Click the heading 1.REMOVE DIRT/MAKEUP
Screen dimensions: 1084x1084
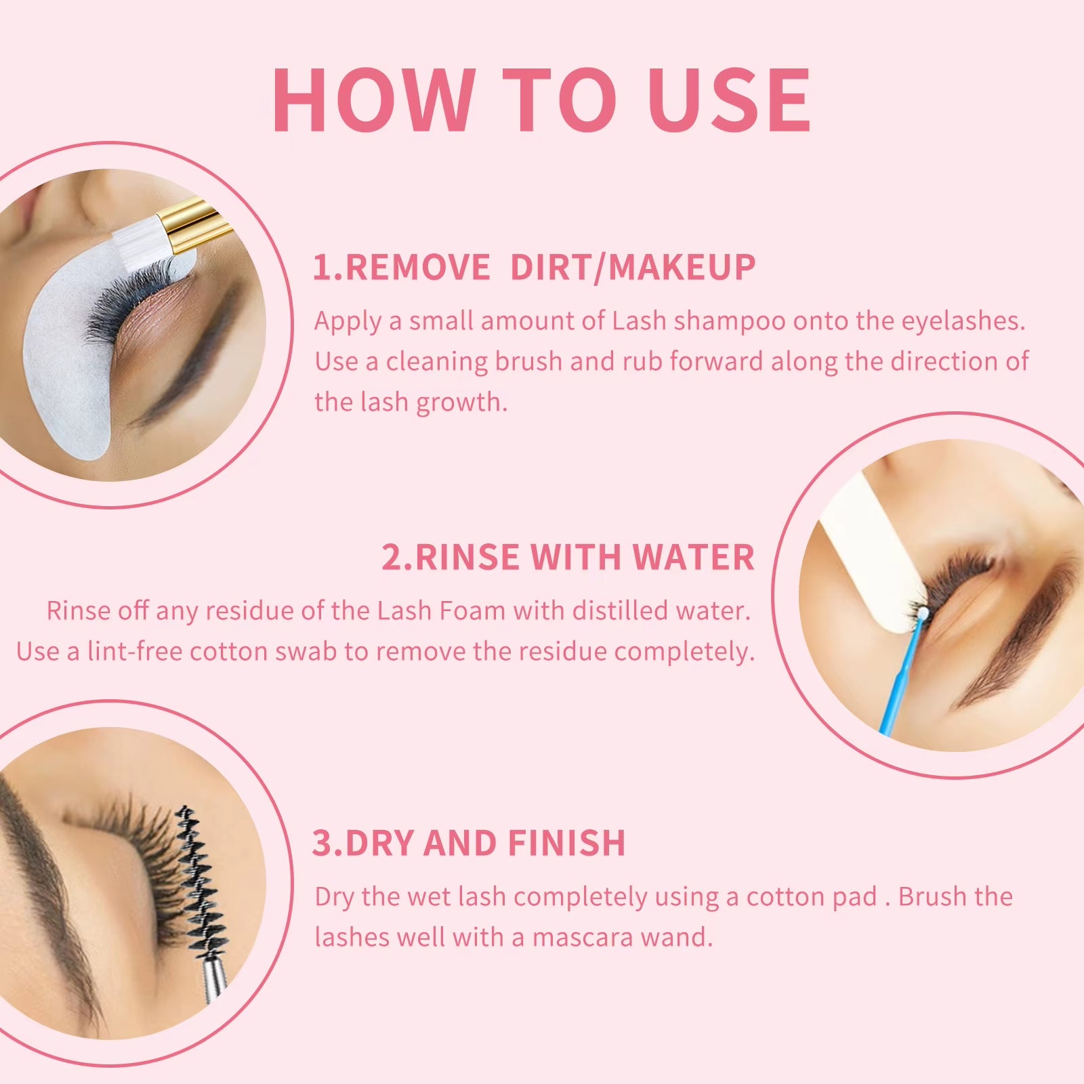click(x=534, y=267)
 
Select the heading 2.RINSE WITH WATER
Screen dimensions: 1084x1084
click(x=568, y=558)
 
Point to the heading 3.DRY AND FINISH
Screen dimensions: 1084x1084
click(x=468, y=843)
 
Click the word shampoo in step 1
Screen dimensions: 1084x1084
click(x=729, y=321)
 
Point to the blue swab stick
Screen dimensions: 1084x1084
click(x=901, y=677)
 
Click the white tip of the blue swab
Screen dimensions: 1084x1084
click(x=921, y=613)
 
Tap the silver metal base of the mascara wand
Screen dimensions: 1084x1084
click(x=215, y=976)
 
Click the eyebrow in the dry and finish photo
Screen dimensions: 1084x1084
click(x=41, y=881)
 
